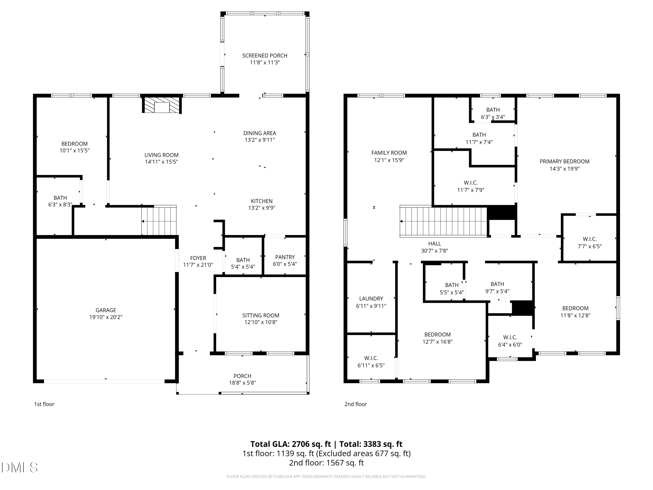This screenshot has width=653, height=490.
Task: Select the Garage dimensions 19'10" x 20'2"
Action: [x=106, y=317]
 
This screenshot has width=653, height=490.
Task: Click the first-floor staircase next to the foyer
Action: [x=159, y=221]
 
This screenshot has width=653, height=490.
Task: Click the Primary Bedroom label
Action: [x=564, y=162]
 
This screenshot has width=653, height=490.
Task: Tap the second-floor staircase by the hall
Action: [x=443, y=221]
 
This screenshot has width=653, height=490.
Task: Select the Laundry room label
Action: [x=371, y=299]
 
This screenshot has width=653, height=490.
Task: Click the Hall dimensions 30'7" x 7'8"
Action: [x=434, y=251]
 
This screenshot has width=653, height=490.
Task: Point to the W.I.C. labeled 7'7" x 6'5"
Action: [x=589, y=242]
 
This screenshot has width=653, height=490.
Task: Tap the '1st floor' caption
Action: [x=44, y=404]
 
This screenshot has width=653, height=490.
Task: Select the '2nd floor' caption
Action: [x=355, y=404]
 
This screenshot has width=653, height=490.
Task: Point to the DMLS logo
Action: [x=20, y=468]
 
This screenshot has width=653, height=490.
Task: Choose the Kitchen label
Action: [x=262, y=201]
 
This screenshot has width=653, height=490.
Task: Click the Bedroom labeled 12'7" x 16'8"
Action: [x=437, y=338]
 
